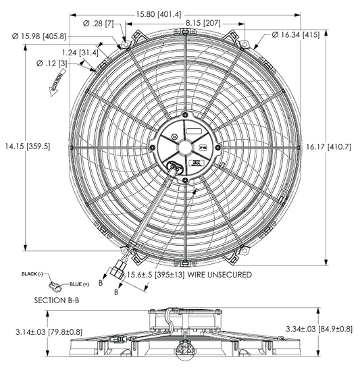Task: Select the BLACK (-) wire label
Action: [x=32, y=273]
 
